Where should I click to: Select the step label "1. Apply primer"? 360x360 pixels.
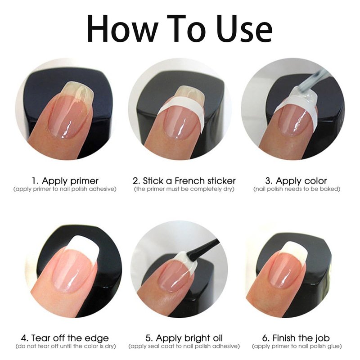click(x=65, y=181)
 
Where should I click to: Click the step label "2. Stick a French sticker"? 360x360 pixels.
click(x=184, y=181)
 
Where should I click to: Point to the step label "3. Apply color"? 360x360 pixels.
click(x=296, y=181)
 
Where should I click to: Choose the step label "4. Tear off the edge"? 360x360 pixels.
click(x=65, y=338)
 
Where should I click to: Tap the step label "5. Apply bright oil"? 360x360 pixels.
click(x=184, y=338)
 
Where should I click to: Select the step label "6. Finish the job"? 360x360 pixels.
click(x=296, y=338)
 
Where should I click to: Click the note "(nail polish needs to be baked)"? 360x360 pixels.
click(x=297, y=189)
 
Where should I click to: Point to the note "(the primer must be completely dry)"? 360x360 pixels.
click(x=184, y=189)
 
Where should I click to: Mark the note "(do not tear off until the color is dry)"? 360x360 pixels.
click(x=66, y=346)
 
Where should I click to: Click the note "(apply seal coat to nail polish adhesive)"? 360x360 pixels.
click(x=184, y=346)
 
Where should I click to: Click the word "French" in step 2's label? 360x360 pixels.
click(x=190, y=181)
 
